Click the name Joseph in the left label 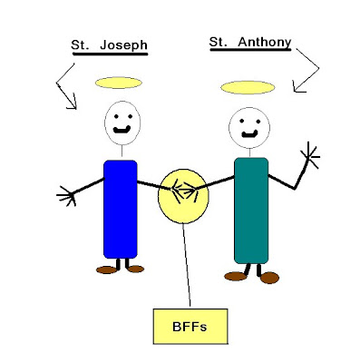coord(123,45)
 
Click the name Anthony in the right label coord(265,42)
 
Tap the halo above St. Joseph coord(119,83)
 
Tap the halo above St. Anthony coord(248,87)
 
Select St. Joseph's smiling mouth coord(122,130)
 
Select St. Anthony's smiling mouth coord(249,133)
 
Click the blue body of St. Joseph coord(121,209)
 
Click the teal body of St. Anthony coord(251,211)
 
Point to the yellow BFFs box coord(190,327)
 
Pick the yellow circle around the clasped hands coord(183,196)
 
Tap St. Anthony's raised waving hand coord(311,155)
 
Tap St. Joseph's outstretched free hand coord(66,196)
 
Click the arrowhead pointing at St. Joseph coord(73,103)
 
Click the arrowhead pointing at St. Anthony coord(297,87)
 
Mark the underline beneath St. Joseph coord(110,54)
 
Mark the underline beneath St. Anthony coord(250,49)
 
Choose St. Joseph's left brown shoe coord(107,270)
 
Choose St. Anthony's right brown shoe coord(269,278)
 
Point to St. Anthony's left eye coord(242,121)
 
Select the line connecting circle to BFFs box coord(187,265)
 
